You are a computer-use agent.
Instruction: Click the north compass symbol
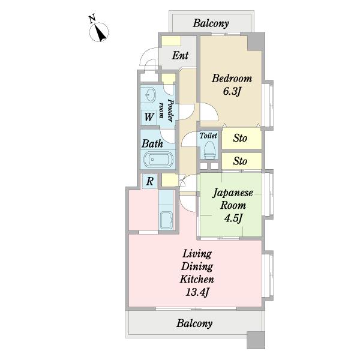(99, 32)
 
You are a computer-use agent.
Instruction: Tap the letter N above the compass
(92, 19)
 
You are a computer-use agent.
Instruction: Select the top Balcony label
(211, 23)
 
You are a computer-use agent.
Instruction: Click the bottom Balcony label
(194, 323)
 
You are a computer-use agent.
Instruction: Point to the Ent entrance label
(180, 55)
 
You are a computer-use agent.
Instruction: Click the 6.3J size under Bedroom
(232, 92)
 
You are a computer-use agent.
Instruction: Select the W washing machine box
(149, 117)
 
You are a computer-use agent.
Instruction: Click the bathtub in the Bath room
(158, 159)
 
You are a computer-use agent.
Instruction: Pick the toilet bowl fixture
(210, 149)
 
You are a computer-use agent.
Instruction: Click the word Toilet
(208, 136)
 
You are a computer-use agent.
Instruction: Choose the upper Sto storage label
(240, 138)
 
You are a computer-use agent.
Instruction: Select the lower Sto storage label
(240, 161)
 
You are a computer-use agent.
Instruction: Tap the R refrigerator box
(149, 181)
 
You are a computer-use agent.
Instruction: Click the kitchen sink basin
(166, 220)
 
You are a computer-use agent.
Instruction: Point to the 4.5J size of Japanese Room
(233, 218)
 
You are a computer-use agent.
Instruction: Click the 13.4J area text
(197, 293)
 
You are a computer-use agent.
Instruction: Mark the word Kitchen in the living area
(197, 280)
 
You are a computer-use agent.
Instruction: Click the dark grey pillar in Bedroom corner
(256, 41)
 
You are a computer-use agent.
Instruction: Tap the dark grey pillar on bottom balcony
(256, 340)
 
